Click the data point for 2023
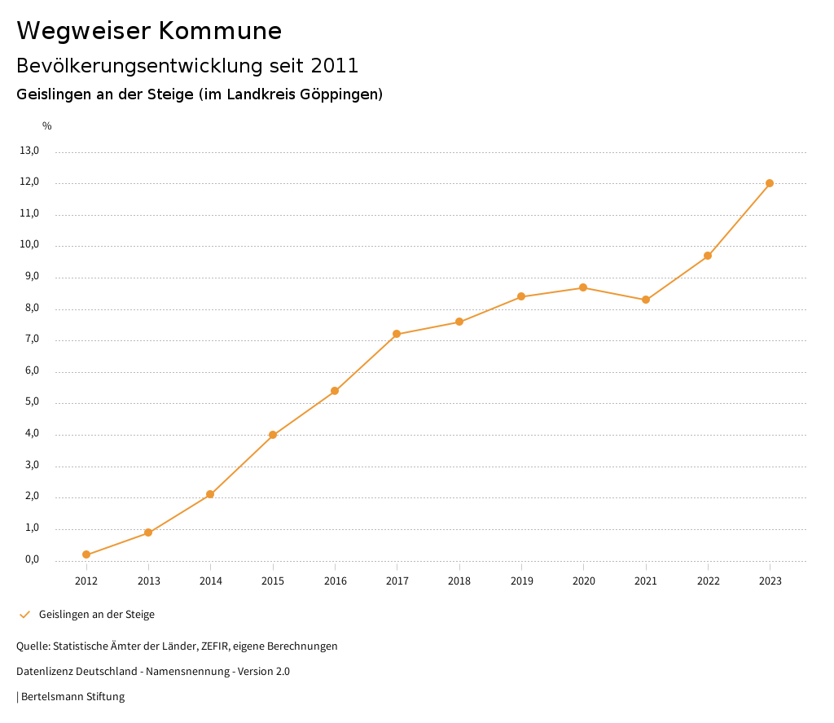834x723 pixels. tap(770, 183)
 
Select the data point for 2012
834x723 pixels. tap(86, 554)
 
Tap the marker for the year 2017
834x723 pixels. tap(397, 334)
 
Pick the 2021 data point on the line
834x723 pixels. tap(646, 300)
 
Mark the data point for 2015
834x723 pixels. tap(273, 435)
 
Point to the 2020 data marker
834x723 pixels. tap(583, 287)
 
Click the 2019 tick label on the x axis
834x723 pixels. tap(521, 581)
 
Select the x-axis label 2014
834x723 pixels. tap(211, 581)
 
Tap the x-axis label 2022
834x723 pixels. tap(708, 581)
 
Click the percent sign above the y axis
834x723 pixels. tap(47, 126)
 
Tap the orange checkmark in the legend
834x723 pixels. tap(24, 615)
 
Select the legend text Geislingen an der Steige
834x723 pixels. tap(97, 615)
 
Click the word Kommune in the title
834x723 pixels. tap(220, 31)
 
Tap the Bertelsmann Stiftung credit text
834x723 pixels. tap(72, 697)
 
